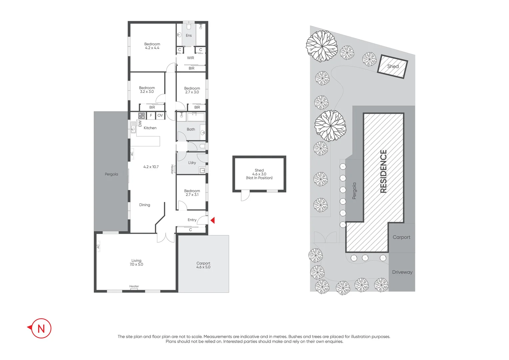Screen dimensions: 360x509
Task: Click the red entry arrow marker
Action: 213,220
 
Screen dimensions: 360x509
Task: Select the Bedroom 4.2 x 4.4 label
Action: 152,46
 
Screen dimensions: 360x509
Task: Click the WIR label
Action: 190,58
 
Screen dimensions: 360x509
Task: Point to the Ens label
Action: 189,36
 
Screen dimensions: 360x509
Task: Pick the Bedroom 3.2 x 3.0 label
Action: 147,90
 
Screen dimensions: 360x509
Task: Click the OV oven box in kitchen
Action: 160,116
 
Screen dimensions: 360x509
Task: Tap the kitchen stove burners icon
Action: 142,116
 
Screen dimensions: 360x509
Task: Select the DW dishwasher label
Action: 140,124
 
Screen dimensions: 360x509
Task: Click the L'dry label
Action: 192,163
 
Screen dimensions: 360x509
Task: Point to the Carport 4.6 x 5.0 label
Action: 203,265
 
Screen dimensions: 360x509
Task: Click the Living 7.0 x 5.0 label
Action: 136,262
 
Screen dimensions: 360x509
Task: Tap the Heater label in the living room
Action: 134,286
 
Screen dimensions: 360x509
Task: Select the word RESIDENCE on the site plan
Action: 383,171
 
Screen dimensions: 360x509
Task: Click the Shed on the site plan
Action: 393,66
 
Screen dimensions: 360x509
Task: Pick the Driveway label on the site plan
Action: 402,272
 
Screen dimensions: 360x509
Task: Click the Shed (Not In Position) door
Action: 245,196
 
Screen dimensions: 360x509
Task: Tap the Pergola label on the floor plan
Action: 111,174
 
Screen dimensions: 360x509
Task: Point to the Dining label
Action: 145,205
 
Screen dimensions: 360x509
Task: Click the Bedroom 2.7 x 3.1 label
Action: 192,193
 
